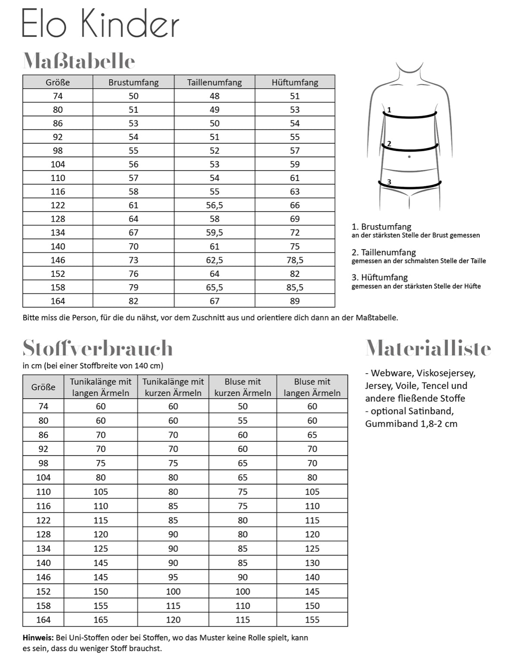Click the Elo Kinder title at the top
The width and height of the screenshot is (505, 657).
(100, 24)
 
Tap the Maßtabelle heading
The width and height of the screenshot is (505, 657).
(79, 61)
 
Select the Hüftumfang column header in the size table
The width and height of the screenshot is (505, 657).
(295, 82)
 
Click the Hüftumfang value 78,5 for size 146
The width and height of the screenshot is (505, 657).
(295, 260)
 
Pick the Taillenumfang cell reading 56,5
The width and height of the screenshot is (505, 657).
(215, 205)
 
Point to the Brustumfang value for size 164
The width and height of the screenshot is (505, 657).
(133, 301)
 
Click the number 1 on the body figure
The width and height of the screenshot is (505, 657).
(389, 110)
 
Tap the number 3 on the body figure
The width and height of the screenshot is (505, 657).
(389, 182)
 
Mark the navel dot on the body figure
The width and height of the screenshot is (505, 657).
(409, 156)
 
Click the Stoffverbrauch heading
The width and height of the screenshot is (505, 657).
(98, 348)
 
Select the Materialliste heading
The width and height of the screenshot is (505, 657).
(428, 348)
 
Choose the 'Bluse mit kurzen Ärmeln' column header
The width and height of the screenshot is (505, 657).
(243, 387)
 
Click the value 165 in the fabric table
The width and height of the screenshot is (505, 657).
(101, 620)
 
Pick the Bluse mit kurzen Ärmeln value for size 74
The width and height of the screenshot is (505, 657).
(243, 406)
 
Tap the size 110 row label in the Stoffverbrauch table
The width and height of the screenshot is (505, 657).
(43, 492)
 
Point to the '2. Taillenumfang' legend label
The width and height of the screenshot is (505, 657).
(384, 252)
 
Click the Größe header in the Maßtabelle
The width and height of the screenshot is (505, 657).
(57, 82)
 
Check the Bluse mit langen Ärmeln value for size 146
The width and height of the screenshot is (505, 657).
(312, 577)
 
